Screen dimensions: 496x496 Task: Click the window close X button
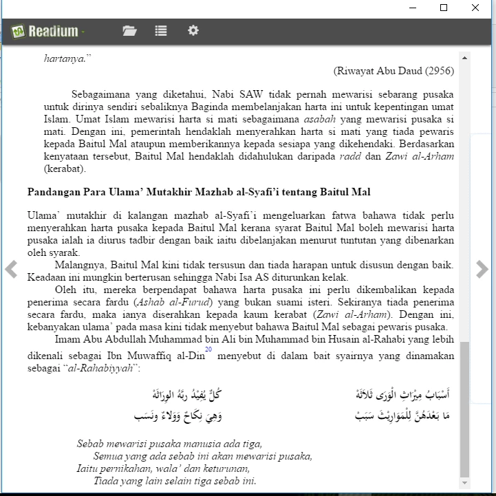(475, 8)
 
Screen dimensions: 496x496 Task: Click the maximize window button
(444, 8)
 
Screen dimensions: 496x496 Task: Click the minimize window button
(412, 8)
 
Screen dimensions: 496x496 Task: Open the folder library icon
(129, 31)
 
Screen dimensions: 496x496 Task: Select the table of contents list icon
(161, 31)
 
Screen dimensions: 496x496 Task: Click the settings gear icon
(193, 31)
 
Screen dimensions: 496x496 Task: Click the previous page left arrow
(11, 269)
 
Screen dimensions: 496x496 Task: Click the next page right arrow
(482, 269)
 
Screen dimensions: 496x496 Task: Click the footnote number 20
(208, 350)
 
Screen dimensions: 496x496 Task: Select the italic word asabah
(320, 119)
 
